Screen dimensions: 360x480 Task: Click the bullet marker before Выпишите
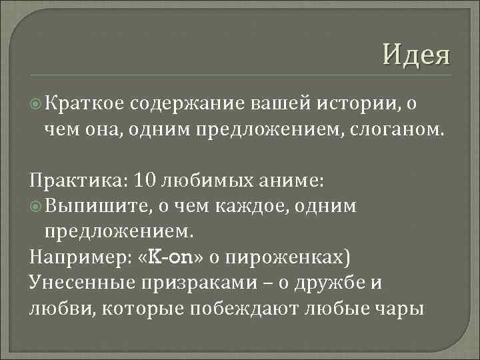tap(37, 207)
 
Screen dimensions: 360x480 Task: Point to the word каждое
tap(249, 207)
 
